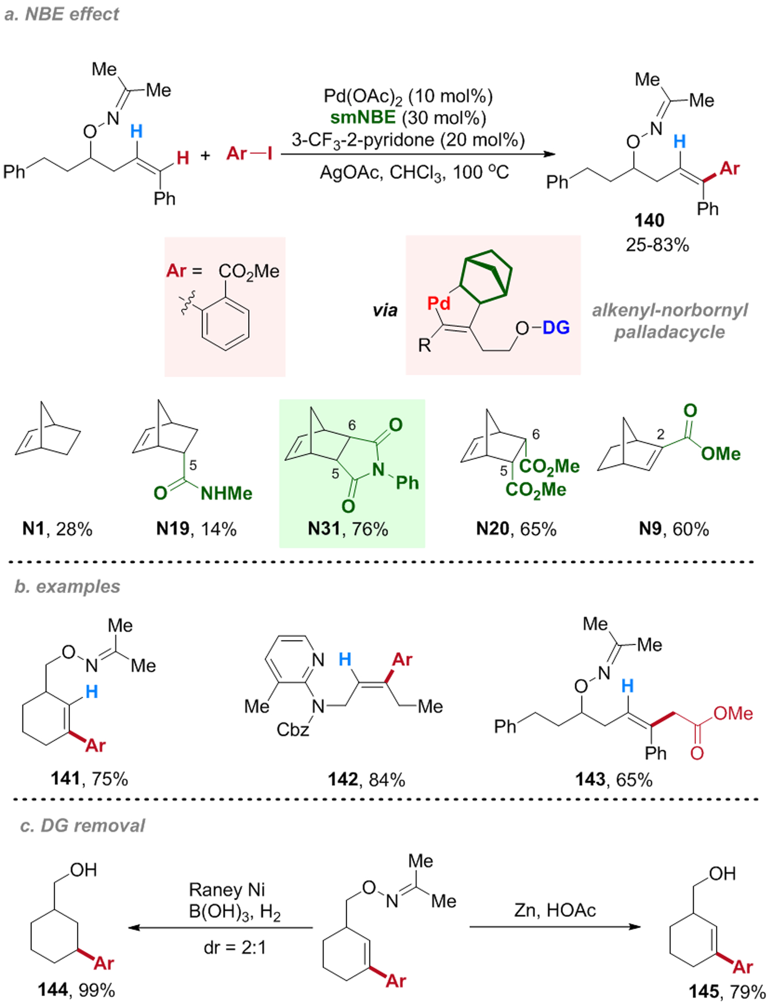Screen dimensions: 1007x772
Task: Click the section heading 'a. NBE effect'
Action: (x=61, y=14)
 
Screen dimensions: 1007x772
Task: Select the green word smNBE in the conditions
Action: (x=363, y=117)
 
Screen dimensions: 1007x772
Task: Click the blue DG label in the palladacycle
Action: (x=556, y=327)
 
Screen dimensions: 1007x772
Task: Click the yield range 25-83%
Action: (x=657, y=244)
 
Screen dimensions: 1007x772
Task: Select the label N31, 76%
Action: (x=348, y=529)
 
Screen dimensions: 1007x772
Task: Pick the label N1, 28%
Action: (x=57, y=529)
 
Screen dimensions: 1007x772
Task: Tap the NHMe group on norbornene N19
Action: (x=226, y=493)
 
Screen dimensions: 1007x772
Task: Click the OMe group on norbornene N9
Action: (x=721, y=454)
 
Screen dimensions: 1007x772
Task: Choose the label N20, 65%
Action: (x=516, y=529)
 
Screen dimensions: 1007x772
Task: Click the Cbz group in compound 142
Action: (x=293, y=730)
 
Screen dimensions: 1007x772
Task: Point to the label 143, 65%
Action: (x=614, y=779)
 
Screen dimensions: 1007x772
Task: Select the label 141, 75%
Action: (x=89, y=778)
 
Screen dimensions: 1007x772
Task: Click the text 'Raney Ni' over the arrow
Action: (x=227, y=890)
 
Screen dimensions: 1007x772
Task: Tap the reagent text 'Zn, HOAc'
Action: (x=555, y=910)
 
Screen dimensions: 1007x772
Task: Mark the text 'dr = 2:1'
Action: (x=235, y=948)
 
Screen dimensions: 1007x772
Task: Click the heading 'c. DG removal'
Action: (x=82, y=826)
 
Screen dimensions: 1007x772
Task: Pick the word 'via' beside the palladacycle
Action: (x=385, y=310)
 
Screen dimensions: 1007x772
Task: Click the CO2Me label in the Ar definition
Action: (x=249, y=271)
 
